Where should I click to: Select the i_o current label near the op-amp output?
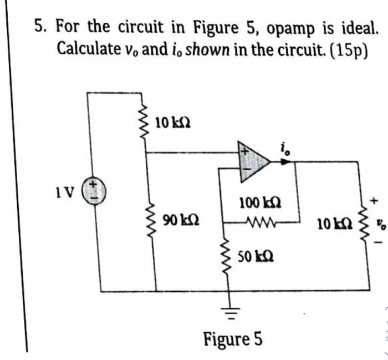coord(285,146)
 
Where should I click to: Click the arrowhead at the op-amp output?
coord(284,162)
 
